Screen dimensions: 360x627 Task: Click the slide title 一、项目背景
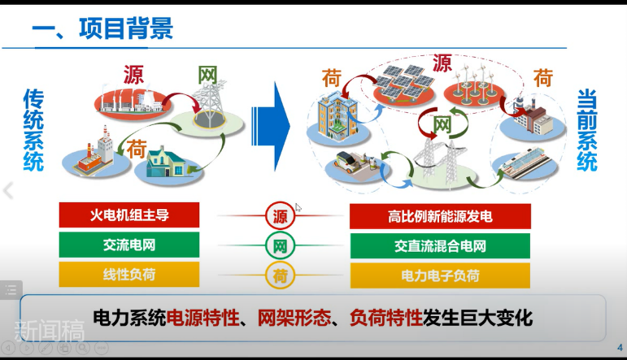[102, 29]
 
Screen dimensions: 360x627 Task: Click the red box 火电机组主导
[129, 215]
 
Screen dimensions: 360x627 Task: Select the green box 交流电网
[129, 245]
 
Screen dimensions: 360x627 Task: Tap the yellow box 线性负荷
[129, 274]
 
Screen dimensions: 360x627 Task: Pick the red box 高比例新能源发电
[440, 216]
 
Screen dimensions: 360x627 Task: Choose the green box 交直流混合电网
[440, 245]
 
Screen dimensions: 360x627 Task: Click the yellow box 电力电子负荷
[440, 275]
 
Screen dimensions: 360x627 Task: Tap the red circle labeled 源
[280, 216]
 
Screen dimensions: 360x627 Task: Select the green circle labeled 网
[280, 245]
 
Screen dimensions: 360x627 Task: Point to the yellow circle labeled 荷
[280, 275]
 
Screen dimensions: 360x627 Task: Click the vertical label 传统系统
[33, 131]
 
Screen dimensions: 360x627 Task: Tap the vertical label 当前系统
[586, 131]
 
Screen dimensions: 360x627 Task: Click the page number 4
[619, 345]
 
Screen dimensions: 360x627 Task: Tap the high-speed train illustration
[524, 167]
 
